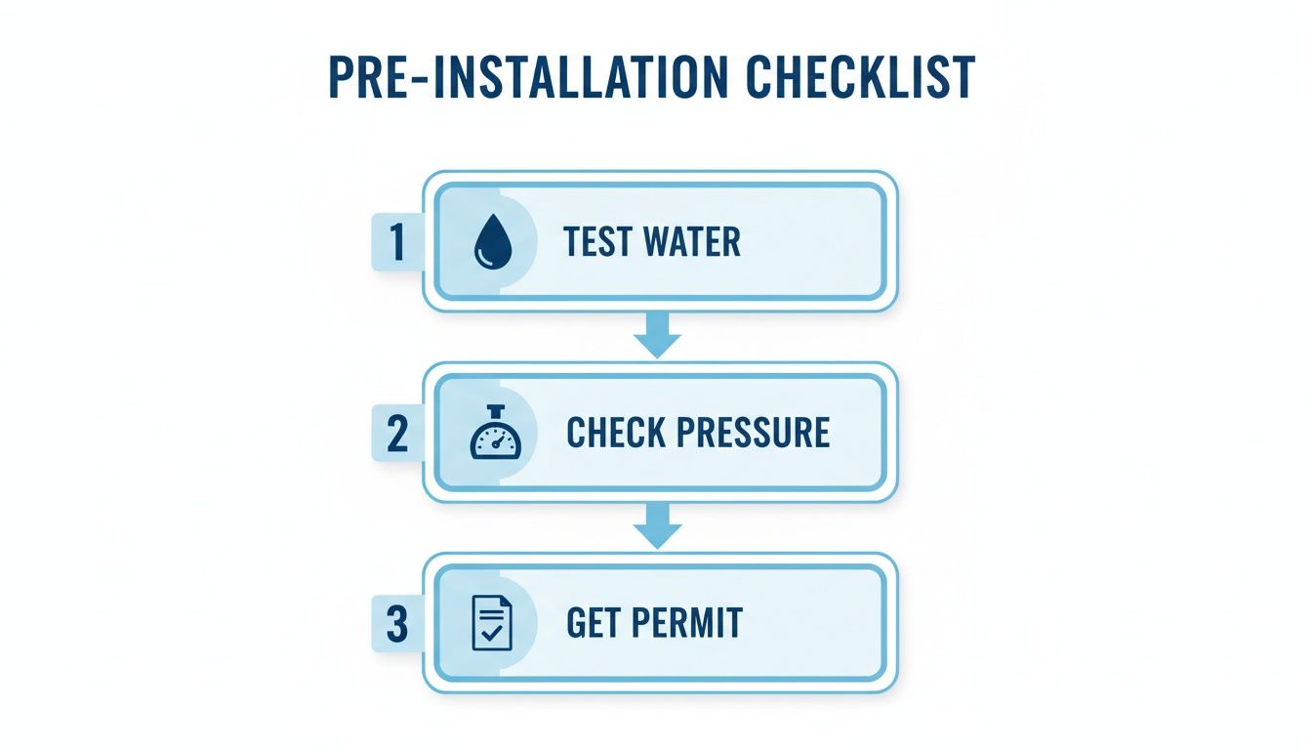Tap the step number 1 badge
point(396,242)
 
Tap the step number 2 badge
point(396,434)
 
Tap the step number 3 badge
point(396,624)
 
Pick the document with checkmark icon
point(491,623)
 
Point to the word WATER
point(696,242)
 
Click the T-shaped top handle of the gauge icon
point(496,410)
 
